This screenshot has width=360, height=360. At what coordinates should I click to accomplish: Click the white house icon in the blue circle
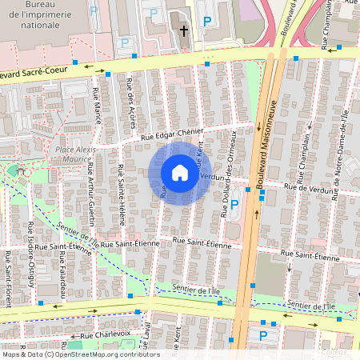180,173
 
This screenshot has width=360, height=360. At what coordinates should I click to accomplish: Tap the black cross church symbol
184,31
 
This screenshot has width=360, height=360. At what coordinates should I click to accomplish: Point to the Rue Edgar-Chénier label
174,134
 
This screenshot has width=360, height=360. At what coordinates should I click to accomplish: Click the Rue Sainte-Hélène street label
122,186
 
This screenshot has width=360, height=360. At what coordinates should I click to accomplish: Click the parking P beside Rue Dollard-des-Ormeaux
234,205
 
